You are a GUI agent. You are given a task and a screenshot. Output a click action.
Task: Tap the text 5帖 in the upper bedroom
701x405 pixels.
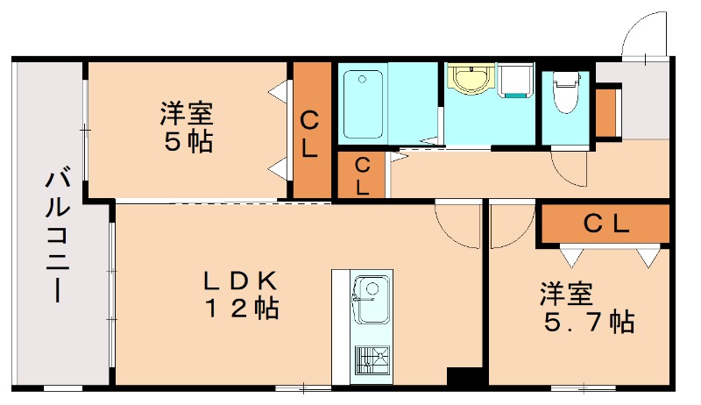pos(187,142)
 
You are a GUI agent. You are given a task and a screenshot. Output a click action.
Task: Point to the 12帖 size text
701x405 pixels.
pos(241,309)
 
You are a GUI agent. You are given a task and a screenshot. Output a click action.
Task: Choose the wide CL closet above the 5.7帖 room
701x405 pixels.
pos(605,224)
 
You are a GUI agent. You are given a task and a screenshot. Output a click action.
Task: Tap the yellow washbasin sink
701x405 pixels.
pos(471,79)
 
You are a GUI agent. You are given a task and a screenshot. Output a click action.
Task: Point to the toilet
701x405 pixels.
pos(565,93)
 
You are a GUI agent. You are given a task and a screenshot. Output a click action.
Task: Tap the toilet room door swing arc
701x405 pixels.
pos(568,168)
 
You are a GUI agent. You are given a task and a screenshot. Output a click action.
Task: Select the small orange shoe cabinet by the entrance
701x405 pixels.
pos(607,111)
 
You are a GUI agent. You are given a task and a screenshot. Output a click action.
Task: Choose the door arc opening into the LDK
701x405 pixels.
pos(457,224)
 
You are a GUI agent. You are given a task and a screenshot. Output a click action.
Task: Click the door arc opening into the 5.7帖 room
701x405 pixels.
pos(510,226)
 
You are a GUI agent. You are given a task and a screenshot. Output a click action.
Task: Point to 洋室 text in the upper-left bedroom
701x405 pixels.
pos(187,114)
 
